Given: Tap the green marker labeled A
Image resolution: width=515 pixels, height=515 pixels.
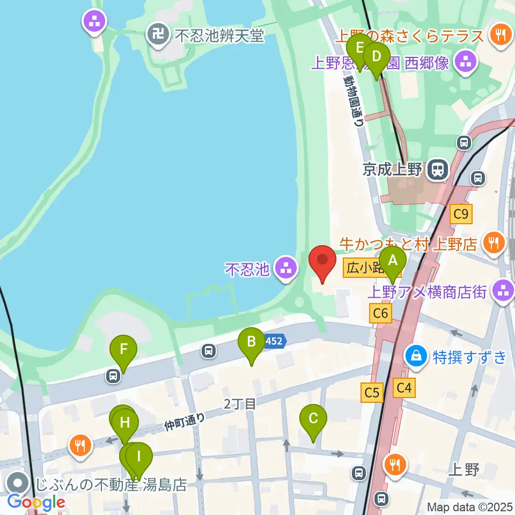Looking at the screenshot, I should pos(393,262).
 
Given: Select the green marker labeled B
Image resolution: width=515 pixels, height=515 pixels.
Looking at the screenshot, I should pos(251,342).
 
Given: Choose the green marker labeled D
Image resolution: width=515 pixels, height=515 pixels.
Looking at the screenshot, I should pos(377,57).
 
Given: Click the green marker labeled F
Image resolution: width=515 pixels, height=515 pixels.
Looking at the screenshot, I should pos(123,350).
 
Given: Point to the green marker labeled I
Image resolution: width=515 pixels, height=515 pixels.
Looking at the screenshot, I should pos(139,458).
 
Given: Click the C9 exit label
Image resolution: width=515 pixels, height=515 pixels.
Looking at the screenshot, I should pos(461,215).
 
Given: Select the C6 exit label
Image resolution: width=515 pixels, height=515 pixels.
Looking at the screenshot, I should pos(380,313).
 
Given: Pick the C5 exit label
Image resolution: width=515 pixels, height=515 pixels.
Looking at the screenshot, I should pos(372,393).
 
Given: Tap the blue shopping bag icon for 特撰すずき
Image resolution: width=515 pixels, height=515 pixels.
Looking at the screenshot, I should pos(416,356).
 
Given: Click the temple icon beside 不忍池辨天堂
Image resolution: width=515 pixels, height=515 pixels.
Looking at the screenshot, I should pos(159,35).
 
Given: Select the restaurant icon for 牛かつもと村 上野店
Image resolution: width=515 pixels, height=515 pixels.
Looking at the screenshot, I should pos(491,244).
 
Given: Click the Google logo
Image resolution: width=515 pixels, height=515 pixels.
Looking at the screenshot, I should pos(36,502).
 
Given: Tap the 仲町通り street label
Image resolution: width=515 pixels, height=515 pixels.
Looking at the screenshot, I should pos(185,422).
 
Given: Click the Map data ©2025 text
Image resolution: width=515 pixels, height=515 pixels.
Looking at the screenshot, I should pos(470,506).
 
